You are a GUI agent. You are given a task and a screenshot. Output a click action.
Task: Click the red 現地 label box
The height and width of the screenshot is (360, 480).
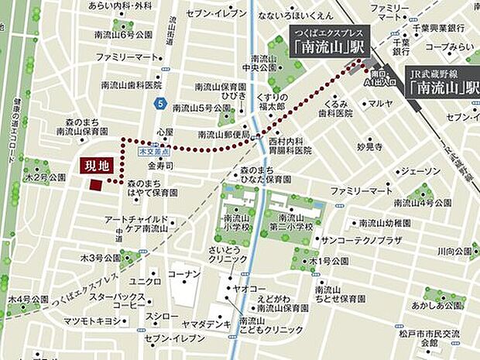point(96,165)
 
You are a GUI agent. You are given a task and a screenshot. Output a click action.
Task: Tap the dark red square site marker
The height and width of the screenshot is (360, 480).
point(95,184)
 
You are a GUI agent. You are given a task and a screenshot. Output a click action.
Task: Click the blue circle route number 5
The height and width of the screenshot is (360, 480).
point(159,101)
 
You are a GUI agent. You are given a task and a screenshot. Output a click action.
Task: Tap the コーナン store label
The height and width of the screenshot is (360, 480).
point(184,275)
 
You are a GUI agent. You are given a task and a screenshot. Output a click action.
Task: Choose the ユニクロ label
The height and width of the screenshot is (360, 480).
point(145,281)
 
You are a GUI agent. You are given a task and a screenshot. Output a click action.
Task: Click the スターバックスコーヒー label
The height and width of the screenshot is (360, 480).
point(117,300)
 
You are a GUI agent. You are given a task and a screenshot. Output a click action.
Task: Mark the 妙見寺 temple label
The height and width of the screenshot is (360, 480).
point(369,146)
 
